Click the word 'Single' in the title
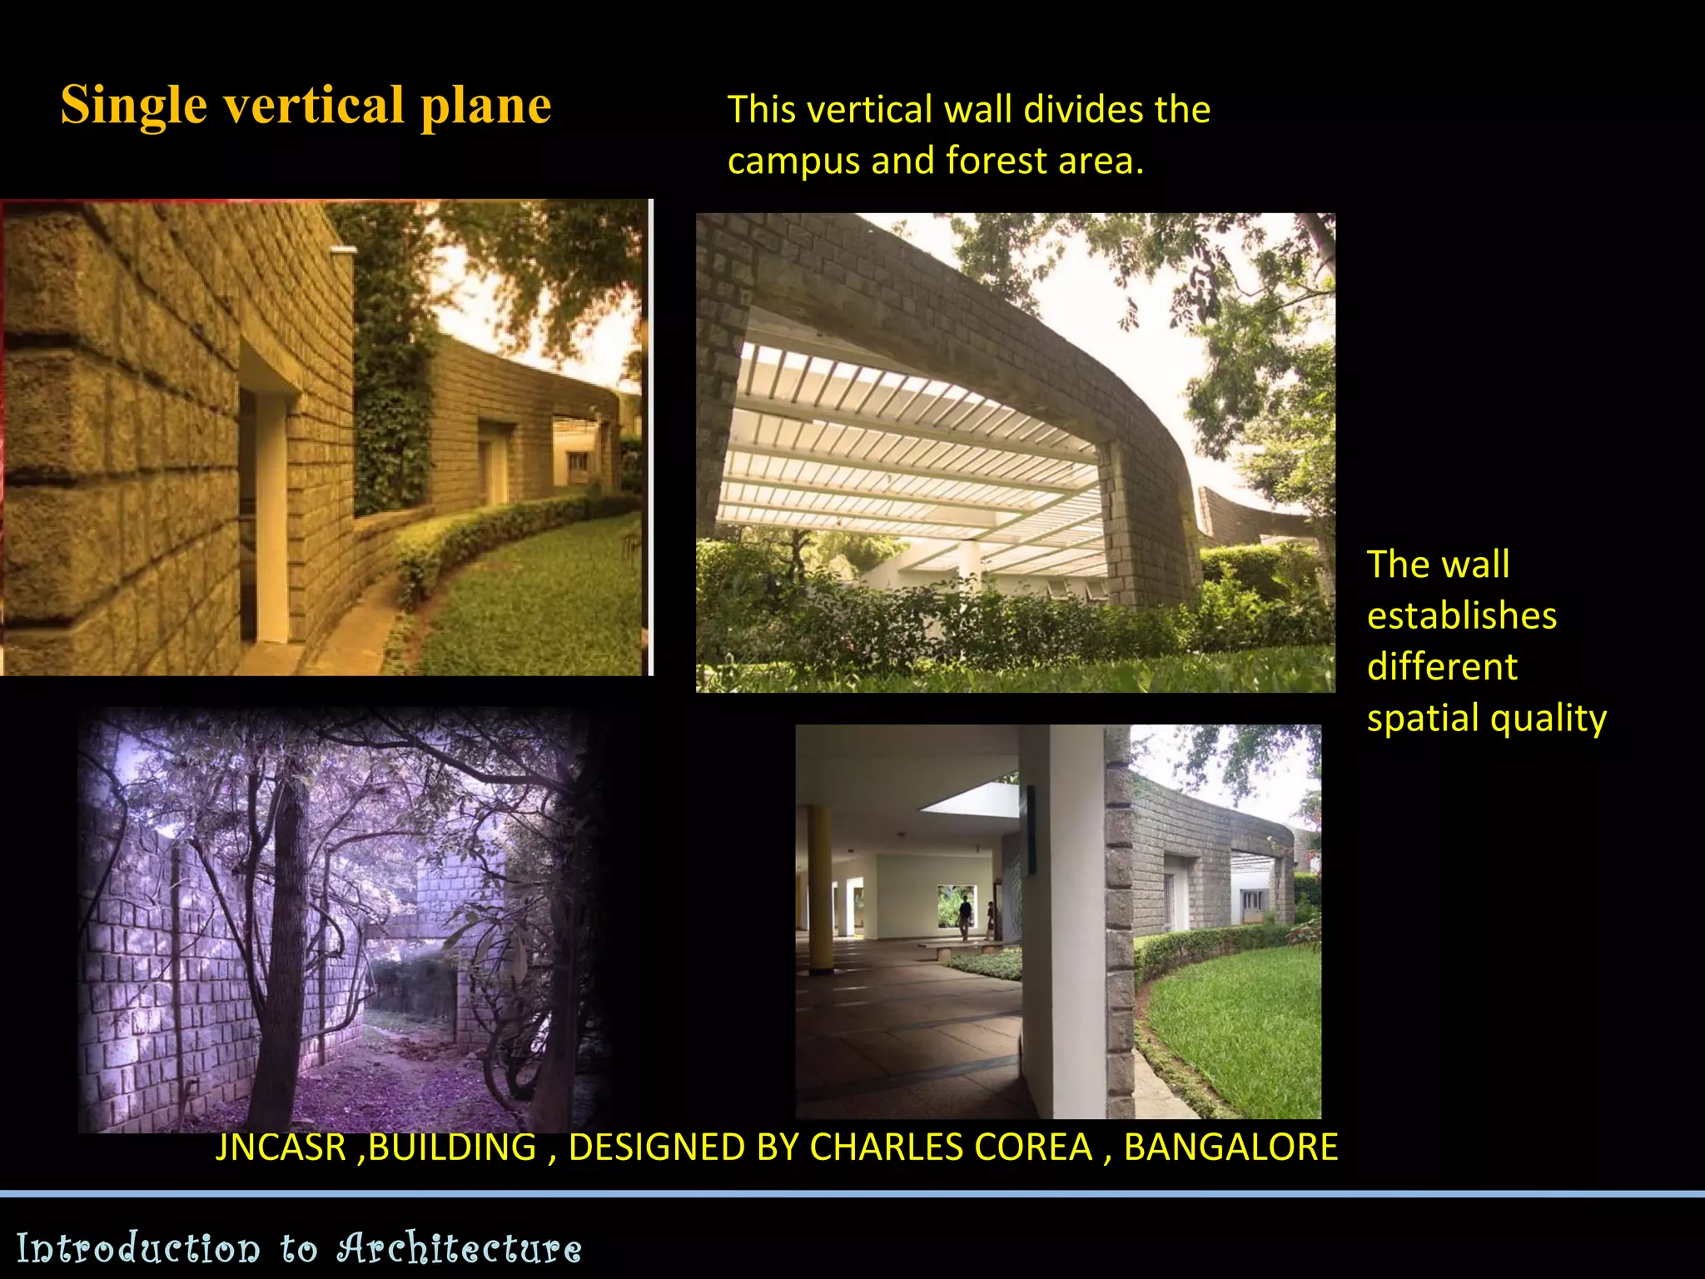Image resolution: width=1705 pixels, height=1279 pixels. click(x=133, y=106)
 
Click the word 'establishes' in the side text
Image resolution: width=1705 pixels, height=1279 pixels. click(x=1461, y=616)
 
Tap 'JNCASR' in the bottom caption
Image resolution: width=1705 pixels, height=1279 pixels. click(x=281, y=1147)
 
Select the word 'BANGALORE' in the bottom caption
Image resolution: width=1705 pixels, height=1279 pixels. click(x=1230, y=1147)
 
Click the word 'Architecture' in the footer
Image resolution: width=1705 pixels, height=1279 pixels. click(x=459, y=1248)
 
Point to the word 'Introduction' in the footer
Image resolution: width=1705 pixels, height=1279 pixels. click(x=138, y=1248)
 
